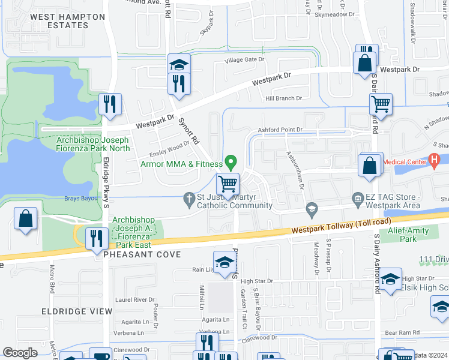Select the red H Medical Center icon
pyautogui.click(x=435, y=160)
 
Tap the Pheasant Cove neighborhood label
pyautogui.click(x=142, y=255)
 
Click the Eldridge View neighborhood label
pyautogui.click(x=76, y=311)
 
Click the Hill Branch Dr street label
pyautogui.click(x=283, y=98)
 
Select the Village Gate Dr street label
pyautogui.click(x=244, y=59)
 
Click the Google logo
pyautogui.click(x=20, y=353)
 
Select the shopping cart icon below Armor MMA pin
pyautogui.click(x=228, y=184)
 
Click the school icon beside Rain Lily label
pyautogui.click(x=224, y=262)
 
